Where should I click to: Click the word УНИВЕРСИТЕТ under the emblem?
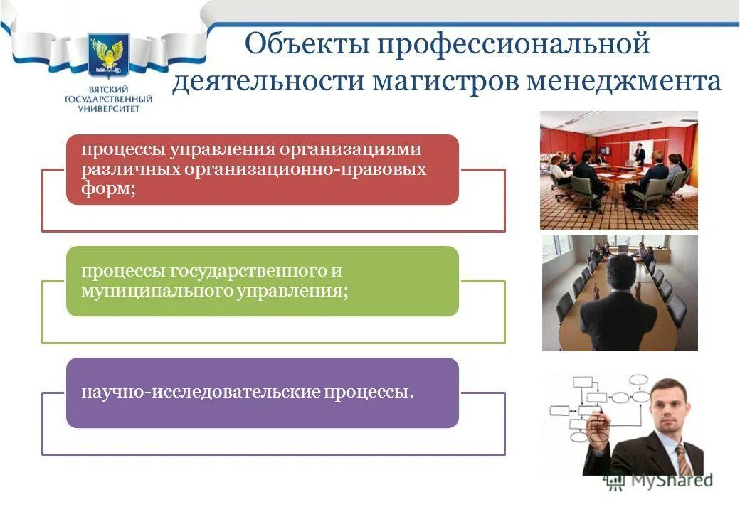pos(106,108)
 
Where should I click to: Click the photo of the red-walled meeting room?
pos(618,170)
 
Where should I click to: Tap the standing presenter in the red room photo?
pos(640,152)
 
